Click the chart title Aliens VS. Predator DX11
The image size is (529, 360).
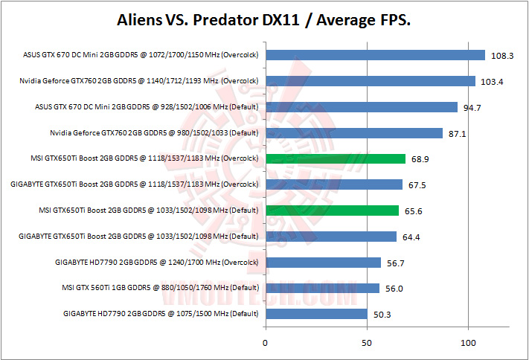pos(264,19)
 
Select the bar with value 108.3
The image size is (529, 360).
pos(375,55)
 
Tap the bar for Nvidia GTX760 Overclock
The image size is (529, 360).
pos(370,81)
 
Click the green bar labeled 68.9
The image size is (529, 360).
pos(335,158)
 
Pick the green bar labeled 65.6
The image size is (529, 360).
pos(332,210)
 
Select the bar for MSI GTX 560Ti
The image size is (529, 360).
pos(322,288)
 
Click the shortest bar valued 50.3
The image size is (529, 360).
pos(316,314)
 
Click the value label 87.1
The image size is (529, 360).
pos(457,134)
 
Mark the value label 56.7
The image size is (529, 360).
pos(395,263)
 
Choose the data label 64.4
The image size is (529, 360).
pos(411,237)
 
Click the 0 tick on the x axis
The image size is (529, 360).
pos(266,343)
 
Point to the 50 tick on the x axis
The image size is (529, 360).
pos(367,343)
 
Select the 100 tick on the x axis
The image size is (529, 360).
pos(468,343)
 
